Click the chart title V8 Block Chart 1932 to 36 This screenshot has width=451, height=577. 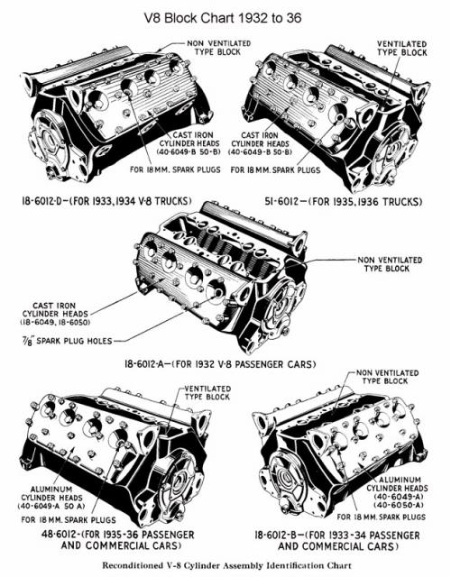tap(223, 18)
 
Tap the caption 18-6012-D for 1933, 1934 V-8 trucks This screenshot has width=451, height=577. tap(106, 201)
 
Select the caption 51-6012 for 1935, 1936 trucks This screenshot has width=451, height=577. tap(343, 202)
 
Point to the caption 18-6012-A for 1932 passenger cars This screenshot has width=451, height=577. tap(220, 364)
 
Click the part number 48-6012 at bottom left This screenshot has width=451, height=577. tap(59, 534)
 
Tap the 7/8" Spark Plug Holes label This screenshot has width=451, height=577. tap(66, 341)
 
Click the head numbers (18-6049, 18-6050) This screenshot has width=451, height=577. tap(55, 323)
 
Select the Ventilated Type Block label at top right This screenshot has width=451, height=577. tap(401, 48)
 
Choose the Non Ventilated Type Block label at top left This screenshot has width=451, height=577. tap(218, 48)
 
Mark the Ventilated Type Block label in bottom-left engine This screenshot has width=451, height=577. tap(207, 393)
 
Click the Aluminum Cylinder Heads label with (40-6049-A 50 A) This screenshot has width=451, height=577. tap(51, 498)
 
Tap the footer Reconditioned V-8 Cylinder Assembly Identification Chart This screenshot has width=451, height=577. tap(226, 565)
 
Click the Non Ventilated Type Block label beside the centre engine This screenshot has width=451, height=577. tap(390, 264)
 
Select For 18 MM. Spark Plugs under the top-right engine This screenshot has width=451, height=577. tap(275, 170)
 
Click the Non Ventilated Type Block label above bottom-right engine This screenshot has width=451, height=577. tap(387, 377)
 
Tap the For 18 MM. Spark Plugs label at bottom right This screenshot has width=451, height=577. tap(381, 517)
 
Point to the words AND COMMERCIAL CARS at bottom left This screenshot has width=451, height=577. tap(122, 545)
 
